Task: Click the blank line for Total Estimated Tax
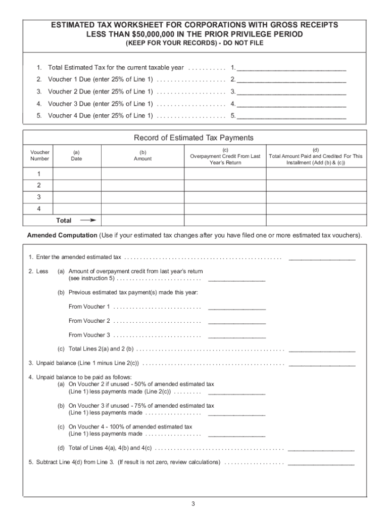pos(291,68)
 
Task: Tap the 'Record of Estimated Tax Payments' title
pos(193,138)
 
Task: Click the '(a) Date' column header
pos(76,155)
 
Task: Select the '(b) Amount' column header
pos(142,155)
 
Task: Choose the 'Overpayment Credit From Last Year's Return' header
pos(225,156)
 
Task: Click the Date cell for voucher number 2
pos(76,185)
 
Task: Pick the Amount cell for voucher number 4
pos(142,209)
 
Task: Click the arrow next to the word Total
pos(88,221)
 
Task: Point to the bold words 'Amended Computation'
pos(62,236)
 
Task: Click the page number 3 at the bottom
pos(193,504)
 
